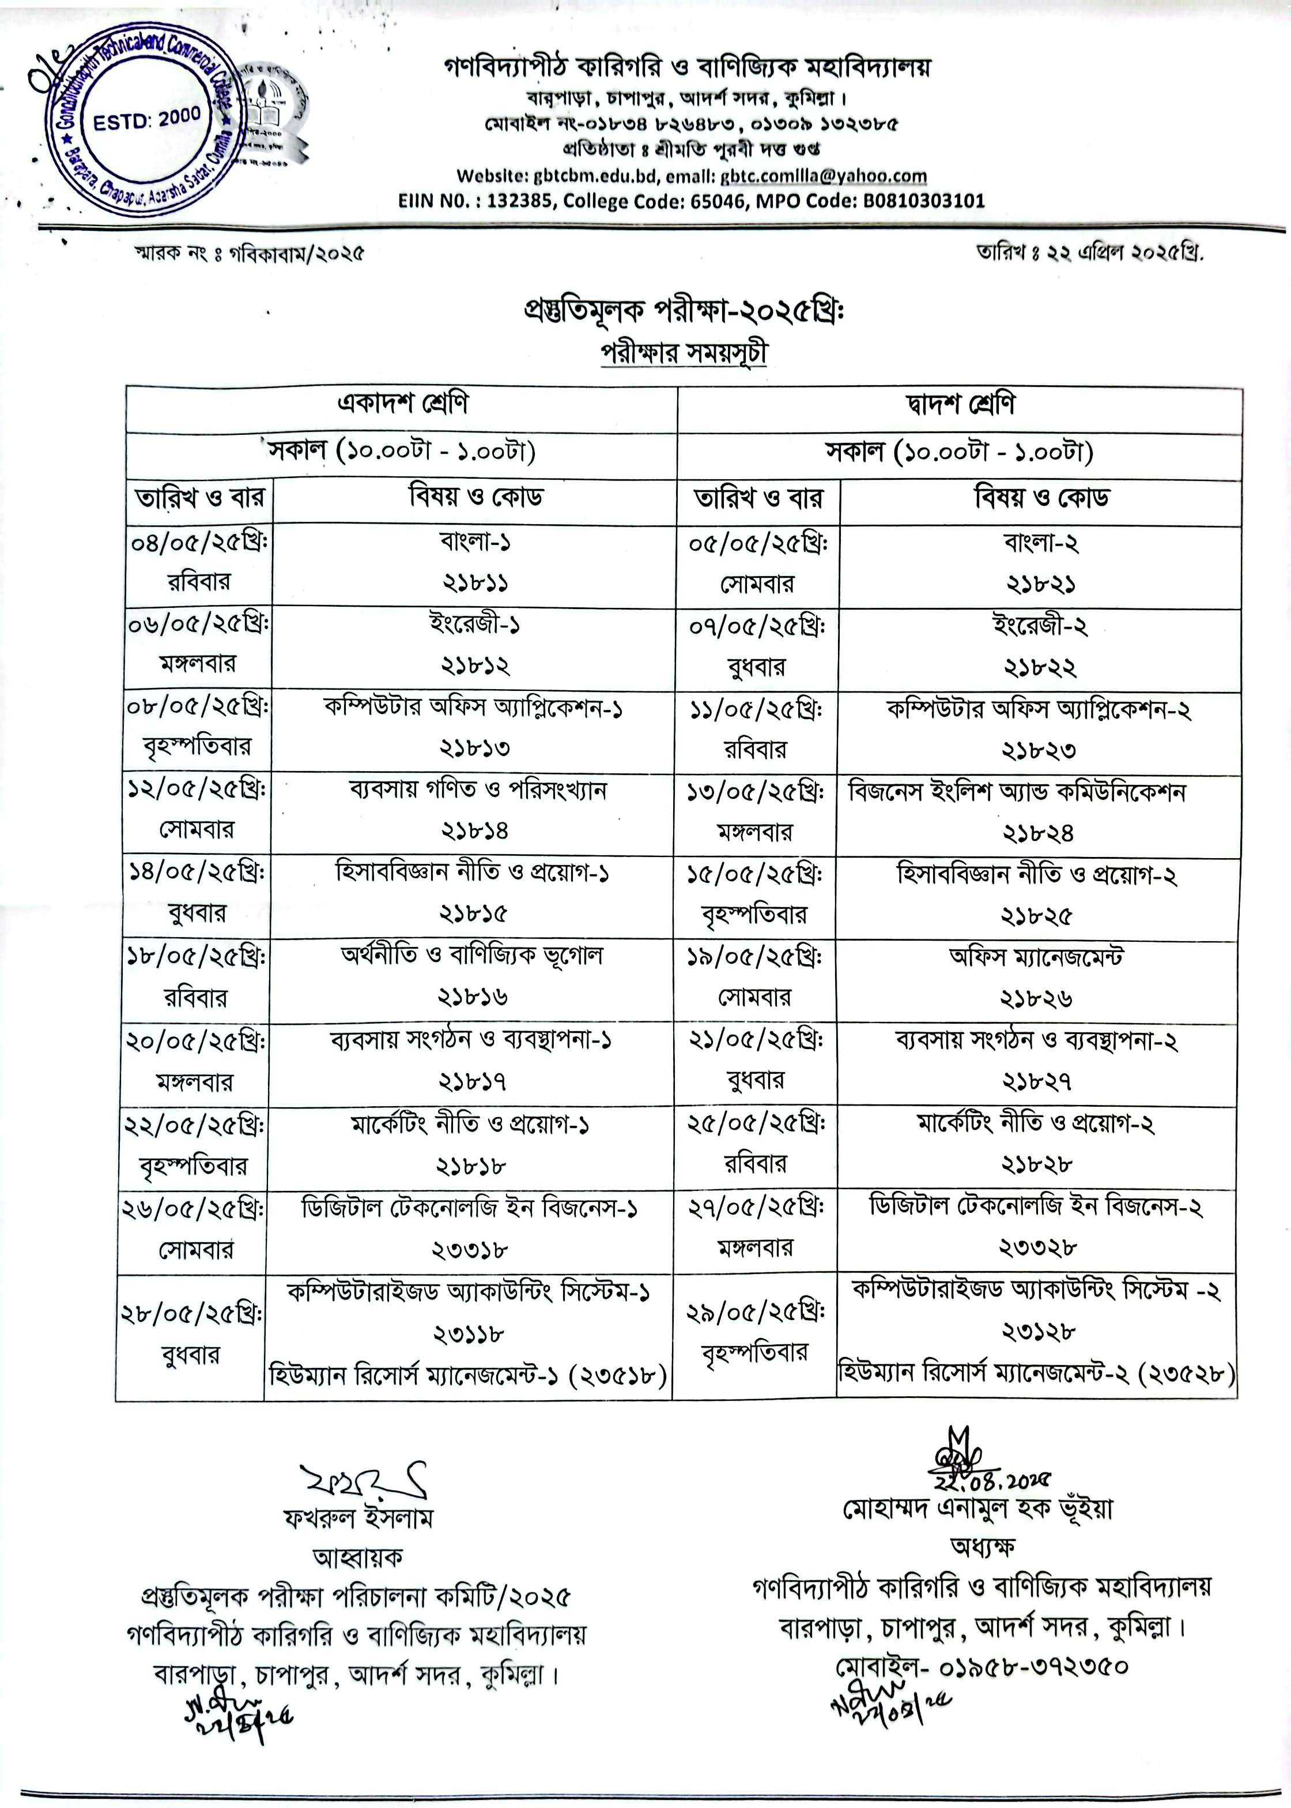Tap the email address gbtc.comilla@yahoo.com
824,176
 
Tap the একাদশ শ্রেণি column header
402,404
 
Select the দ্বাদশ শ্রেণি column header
960,404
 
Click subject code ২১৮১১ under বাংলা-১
475,583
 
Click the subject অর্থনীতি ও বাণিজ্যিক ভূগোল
472,954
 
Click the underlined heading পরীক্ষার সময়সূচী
684,352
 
